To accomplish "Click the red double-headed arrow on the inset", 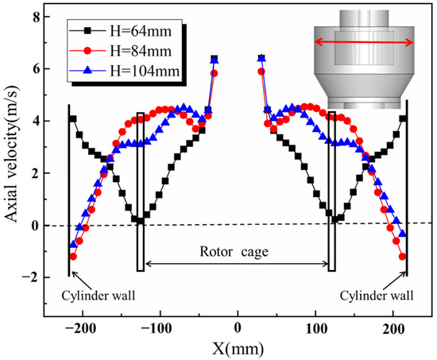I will (362, 41).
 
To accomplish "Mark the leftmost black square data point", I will (73, 119).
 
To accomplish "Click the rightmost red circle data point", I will (403, 257).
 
